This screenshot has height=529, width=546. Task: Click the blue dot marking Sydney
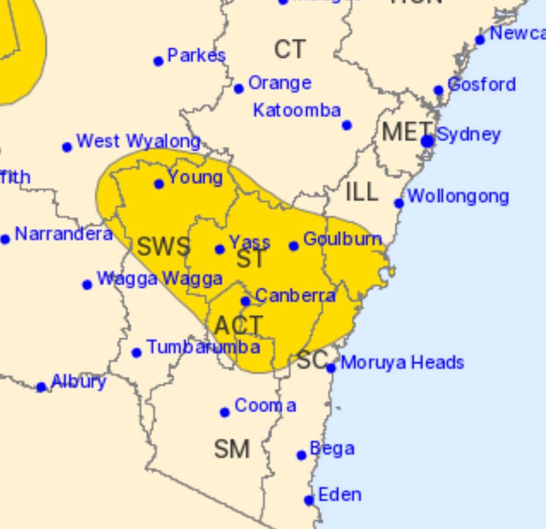tap(427, 141)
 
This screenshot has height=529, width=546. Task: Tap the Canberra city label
tap(295, 296)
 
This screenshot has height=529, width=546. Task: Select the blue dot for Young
tap(159, 184)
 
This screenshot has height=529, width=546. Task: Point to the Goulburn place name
tap(342, 239)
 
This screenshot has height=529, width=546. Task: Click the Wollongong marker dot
tap(399, 203)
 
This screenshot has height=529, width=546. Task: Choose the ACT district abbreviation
tap(238, 326)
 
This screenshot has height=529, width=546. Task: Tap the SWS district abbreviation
tap(163, 247)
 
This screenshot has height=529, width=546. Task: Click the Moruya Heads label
tap(402, 363)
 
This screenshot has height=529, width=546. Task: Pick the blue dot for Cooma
tap(225, 412)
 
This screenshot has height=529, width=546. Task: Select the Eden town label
tap(340, 495)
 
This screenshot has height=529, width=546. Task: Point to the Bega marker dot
tap(301, 455)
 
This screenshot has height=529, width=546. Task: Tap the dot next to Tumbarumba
tap(136, 353)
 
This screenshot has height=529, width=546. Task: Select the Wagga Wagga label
tap(160, 279)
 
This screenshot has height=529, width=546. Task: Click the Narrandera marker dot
tap(5, 239)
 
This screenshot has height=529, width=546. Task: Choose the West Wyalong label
tap(138, 142)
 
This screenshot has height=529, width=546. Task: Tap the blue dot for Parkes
tap(158, 61)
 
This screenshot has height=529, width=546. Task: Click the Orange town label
tap(280, 83)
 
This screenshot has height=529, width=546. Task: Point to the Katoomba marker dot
tap(347, 125)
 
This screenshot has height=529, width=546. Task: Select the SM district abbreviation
tap(232, 449)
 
